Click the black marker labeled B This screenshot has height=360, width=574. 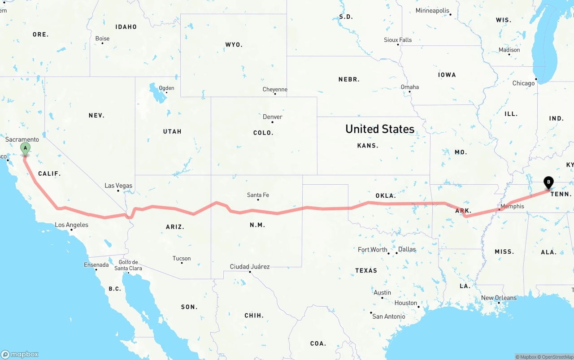coord(548,182)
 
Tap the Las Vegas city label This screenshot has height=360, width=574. coord(118,186)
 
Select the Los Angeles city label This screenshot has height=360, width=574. coord(71,225)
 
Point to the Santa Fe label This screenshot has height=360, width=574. coord(258,195)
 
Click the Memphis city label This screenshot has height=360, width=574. coord(512,206)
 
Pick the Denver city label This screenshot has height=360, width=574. coord(272,117)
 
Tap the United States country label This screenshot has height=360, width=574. coord(379,129)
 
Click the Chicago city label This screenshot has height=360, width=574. coord(523,83)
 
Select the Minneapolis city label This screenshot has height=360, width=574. coord(432,10)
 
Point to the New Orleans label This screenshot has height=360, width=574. coord(499,298)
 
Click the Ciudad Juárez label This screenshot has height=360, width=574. coord(250,266)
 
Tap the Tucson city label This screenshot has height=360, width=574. coord(182,258)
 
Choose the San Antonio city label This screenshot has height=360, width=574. coord(388,316)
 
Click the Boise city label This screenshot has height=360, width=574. coord(102,39)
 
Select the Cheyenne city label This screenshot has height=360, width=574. coord(275,90)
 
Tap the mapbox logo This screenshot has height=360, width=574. coord(20,354)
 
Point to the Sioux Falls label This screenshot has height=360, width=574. coord(398,40)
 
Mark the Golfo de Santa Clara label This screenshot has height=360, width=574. coord(128,265)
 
